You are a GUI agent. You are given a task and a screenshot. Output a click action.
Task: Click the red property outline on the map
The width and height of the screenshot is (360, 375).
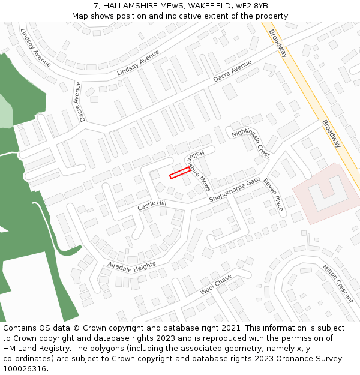180,173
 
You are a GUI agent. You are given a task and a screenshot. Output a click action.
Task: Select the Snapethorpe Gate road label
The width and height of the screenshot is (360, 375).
235,190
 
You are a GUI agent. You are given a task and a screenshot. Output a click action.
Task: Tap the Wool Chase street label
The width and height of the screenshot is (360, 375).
215,284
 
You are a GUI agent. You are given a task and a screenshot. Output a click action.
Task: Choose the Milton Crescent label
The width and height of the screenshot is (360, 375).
338,275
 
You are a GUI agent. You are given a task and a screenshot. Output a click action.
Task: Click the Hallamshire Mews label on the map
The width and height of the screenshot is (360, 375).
197,169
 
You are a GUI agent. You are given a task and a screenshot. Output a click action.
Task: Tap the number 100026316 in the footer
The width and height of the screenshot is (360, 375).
25,369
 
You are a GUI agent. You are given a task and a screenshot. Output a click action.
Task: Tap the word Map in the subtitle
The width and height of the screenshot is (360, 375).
80,16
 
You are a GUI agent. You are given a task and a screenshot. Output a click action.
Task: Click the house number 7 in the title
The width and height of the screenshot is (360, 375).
96,6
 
